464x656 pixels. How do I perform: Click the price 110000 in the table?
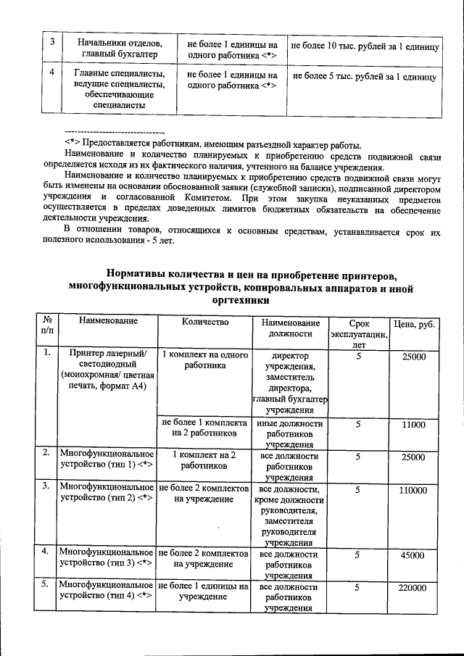tap(413, 491)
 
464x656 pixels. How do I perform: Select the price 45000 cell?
tap(413, 555)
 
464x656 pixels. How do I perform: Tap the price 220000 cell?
tap(413, 588)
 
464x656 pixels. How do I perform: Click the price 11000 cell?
tap(413, 424)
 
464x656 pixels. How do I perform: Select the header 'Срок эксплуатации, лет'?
tap(358, 333)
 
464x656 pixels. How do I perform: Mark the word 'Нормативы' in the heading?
tap(138, 274)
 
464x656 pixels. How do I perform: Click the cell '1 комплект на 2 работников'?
tap(205, 462)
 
